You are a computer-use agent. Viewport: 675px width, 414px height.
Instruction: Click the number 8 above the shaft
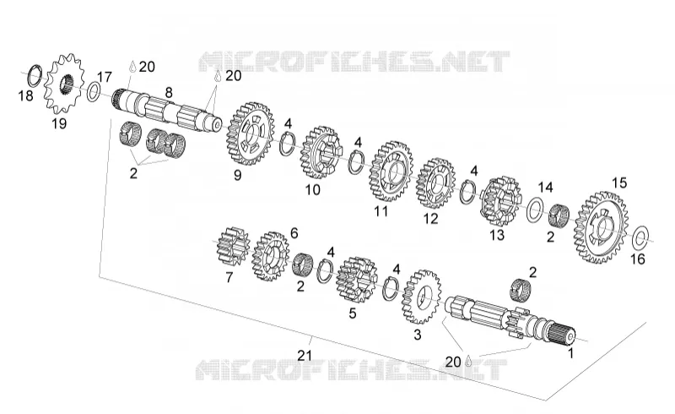click(x=168, y=93)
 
